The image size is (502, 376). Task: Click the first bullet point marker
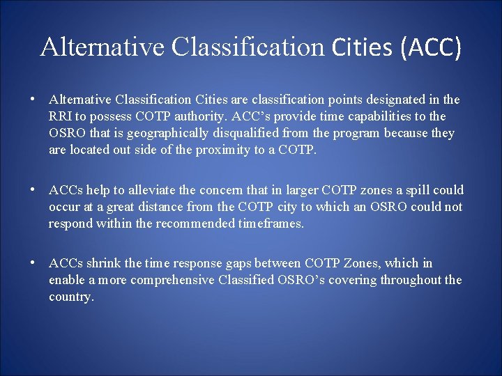[x=33, y=100]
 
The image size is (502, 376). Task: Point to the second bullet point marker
[x=33, y=190]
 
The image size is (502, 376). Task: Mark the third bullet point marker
[x=33, y=263]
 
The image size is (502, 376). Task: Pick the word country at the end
[x=70, y=297]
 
